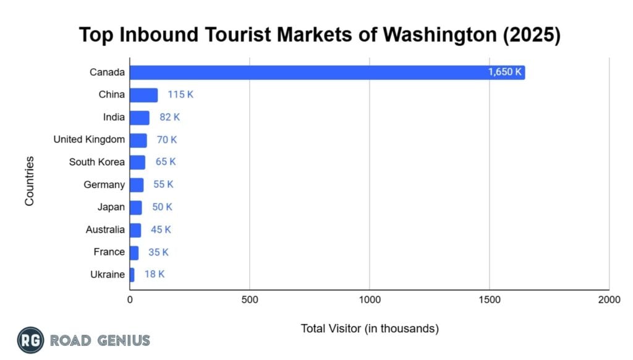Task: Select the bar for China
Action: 143,95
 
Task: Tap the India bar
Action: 139,118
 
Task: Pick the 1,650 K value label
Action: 505,72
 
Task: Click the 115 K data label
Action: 181,95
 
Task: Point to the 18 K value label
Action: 155,274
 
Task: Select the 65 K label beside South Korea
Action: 166,162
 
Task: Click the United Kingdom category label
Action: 89,140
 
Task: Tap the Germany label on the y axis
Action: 104,184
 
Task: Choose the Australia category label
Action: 105,229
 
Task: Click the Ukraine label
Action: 107,274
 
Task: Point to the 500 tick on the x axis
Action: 249,300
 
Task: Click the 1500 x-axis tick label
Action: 489,300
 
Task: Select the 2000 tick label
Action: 609,300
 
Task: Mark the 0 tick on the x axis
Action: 130,300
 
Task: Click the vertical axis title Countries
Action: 29,181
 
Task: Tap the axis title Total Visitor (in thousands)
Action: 370,328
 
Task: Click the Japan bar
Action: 135,207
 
